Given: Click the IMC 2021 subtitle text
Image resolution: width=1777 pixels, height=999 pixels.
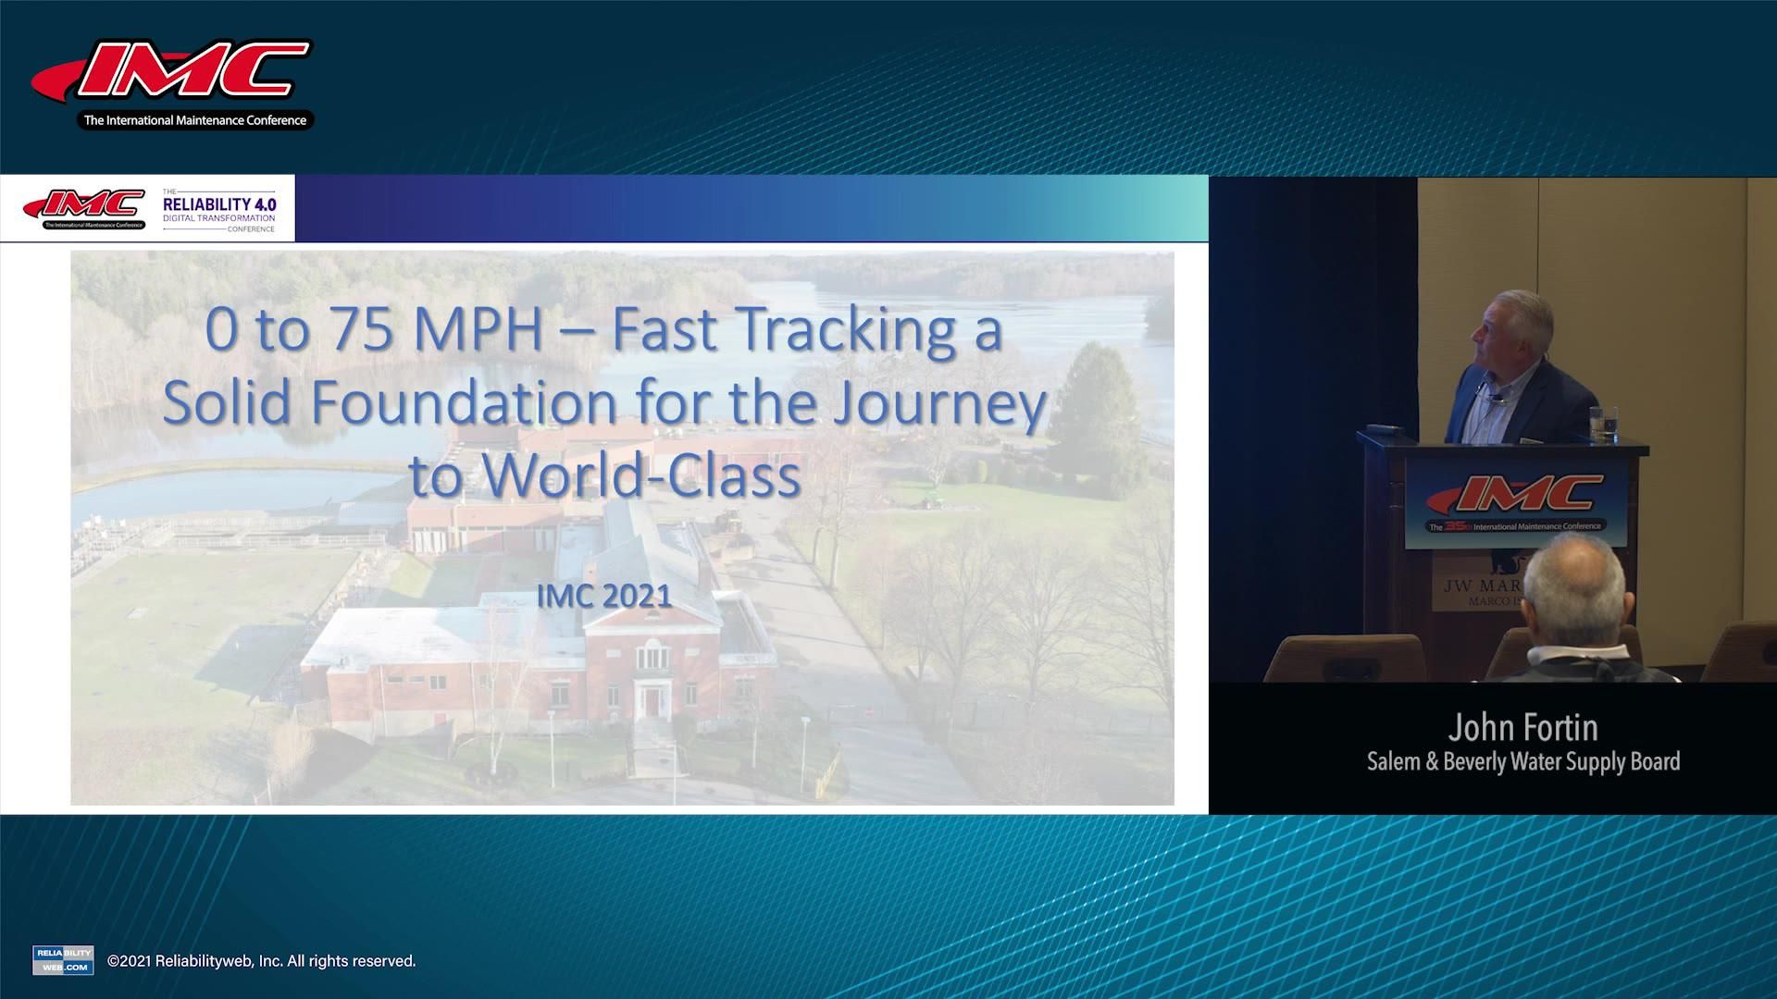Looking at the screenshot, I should click(604, 596).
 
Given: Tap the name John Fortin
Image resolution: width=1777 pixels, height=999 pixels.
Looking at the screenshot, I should click(1522, 728).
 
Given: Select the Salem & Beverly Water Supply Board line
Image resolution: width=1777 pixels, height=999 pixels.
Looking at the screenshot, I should click(1522, 761).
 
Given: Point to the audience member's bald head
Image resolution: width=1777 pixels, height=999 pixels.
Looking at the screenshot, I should click(1573, 578).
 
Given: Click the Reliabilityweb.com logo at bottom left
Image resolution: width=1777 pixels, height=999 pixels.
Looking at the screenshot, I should click(63, 960).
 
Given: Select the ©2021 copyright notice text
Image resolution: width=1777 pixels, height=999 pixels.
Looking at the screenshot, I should click(262, 961).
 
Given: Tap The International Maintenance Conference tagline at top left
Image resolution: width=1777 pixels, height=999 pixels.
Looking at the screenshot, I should click(195, 120).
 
